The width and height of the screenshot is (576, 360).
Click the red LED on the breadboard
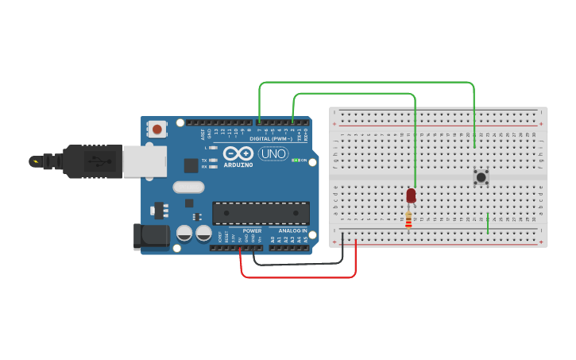pyautogui.click(x=411, y=195)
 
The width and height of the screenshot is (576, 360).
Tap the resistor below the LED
pyautogui.click(x=408, y=219)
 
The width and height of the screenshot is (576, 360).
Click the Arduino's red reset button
pyautogui.click(x=157, y=129)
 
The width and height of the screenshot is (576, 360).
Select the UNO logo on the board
pyautogui.click(x=273, y=153)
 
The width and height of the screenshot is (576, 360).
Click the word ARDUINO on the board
pyautogui.click(x=238, y=165)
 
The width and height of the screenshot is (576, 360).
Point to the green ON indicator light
pyautogui.click(x=296, y=160)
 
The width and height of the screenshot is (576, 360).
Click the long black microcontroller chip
pyautogui.click(x=261, y=212)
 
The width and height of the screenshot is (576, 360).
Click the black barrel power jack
pyautogui.click(x=152, y=236)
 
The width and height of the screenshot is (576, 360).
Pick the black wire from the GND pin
pyautogui.click(x=298, y=263)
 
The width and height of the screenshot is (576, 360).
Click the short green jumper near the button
pyautogui.click(x=488, y=223)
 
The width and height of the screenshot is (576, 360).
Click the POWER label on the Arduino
pyautogui.click(x=252, y=230)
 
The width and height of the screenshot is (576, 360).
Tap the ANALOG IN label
pyautogui.click(x=292, y=230)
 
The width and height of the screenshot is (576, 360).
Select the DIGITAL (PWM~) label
pyautogui.click(x=269, y=138)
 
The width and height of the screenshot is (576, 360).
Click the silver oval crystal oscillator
pyautogui.click(x=188, y=188)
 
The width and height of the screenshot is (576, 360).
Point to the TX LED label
pyautogui.click(x=204, y=160)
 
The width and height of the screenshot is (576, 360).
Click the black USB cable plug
pyautogui.click(x=87, y=161)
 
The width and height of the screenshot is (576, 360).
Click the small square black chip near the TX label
pyautogui.click(x=191, y=165)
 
